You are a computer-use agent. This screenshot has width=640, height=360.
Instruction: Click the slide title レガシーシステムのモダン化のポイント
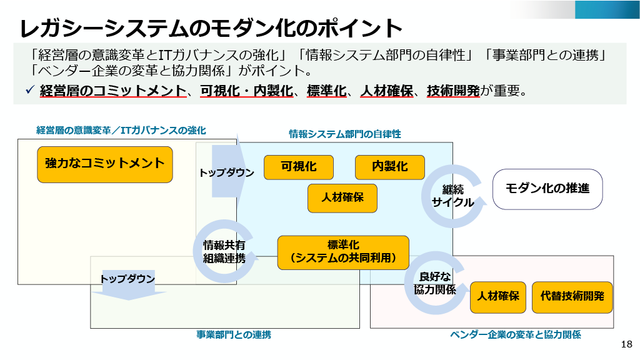[210, 28]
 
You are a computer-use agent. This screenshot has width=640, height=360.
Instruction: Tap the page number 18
[627, 344]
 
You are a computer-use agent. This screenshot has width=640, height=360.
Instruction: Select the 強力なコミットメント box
[104, 164]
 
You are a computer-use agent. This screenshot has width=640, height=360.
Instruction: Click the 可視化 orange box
[298, 167]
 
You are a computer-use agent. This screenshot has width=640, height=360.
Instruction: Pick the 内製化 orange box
[389, 167]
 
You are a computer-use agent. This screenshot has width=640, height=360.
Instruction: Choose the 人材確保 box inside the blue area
[342, 197]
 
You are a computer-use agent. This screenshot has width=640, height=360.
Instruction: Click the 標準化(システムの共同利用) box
[343, 251]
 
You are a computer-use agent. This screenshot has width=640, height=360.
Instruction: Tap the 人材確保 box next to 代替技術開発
[498, 297]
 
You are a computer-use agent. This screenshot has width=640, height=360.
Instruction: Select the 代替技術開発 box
[572, 297]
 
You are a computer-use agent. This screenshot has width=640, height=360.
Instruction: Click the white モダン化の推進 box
[547, 188]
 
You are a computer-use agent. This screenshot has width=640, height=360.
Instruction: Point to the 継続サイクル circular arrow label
[452, 196]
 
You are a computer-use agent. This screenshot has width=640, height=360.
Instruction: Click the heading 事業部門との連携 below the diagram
[234, 335]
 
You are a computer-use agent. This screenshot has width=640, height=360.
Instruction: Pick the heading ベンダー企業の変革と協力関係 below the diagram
[516, 335]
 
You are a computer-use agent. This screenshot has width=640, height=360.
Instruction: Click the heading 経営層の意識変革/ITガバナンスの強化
[121, 130]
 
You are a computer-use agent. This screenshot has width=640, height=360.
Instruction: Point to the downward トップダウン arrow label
[127, 279]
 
